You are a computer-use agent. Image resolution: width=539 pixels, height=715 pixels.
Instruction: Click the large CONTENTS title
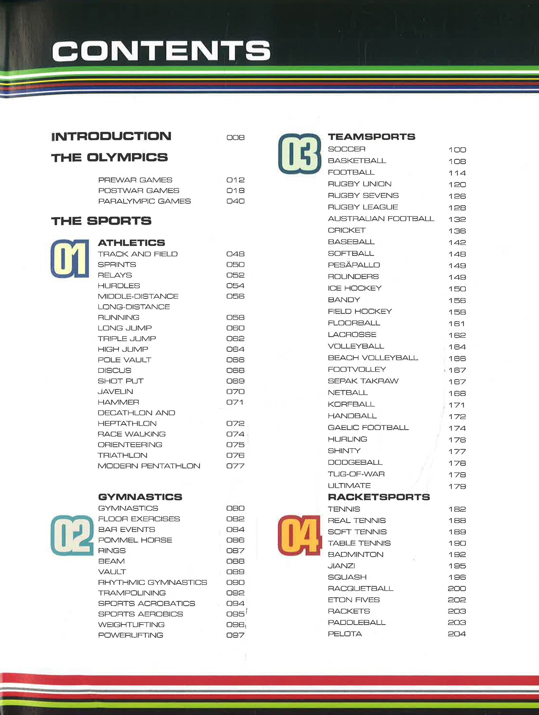point(161,51)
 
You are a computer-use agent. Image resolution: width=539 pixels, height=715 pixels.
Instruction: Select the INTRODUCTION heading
point(111,136)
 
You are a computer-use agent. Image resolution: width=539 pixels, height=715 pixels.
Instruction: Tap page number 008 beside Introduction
point(235,138)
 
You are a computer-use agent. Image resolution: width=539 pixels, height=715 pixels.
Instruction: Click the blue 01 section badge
point(70,259)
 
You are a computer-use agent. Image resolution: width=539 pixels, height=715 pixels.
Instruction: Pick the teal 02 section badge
point(72,535)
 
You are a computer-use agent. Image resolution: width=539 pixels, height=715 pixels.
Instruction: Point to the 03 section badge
point(300,154)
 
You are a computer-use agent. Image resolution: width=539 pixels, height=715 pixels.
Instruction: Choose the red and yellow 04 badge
point(299,535)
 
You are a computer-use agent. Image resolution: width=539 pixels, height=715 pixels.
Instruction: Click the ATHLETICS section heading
point(132,243)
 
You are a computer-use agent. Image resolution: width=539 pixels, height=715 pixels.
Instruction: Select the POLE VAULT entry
point(124,360)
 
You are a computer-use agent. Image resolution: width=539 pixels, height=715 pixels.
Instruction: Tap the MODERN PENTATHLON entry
point(149,466)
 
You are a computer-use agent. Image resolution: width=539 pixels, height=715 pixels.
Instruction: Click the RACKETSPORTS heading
point(379,497)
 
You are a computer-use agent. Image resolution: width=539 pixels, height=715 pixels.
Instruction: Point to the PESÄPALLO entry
point(354,265)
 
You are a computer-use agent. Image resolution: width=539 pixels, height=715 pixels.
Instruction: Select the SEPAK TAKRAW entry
point(363,381)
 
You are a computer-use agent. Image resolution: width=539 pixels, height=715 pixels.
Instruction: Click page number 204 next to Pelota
point(457,634)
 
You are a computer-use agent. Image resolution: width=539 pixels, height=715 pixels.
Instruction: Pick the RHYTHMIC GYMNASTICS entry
point(152,582)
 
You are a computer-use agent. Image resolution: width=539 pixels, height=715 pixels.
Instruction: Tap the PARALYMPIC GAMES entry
point(144,201)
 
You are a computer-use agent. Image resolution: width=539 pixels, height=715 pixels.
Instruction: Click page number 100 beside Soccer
point(457,150)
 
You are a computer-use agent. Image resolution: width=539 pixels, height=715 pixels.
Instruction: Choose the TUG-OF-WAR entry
point(356,474)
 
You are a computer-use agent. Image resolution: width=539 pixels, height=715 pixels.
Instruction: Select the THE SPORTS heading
point(101,221)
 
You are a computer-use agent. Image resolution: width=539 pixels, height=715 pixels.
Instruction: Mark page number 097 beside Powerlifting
point(235,635)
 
